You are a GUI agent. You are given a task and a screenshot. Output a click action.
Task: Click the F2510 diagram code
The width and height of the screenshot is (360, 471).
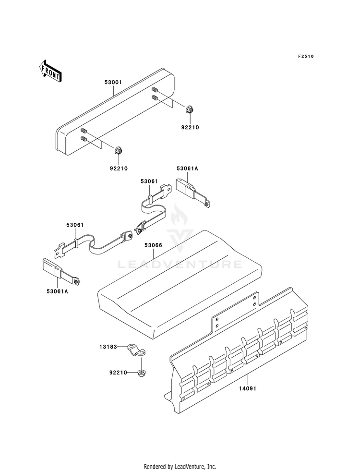tap(305, 57)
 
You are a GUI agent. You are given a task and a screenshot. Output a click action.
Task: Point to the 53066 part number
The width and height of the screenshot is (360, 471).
tap(153, 245)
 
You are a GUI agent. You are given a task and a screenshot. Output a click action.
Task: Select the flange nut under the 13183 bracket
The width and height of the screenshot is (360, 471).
tap(142, 373)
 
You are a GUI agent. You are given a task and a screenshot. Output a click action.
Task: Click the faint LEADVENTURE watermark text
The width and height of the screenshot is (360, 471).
tap(180, 265)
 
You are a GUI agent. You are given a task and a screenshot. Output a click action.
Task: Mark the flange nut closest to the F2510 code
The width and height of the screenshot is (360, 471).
tap(189, 109)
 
